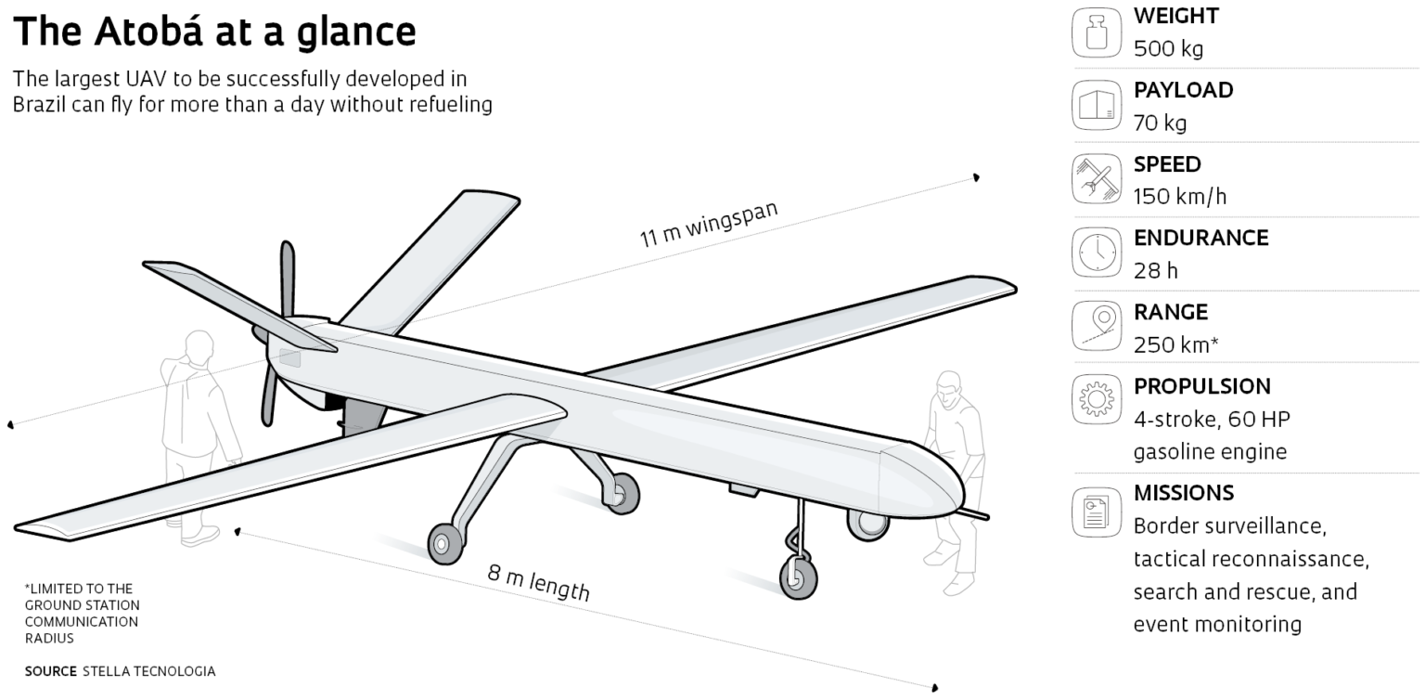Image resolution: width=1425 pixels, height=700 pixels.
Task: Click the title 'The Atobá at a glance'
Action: (x=214, y=32)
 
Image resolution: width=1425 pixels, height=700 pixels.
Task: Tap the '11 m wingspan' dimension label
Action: (x=708, y=224)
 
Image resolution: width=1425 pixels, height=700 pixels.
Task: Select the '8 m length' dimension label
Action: (x=539, y=582)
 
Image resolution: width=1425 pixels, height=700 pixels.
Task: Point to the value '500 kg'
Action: (x=1168, y=49)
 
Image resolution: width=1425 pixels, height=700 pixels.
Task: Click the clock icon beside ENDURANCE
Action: (x=1097, y=252)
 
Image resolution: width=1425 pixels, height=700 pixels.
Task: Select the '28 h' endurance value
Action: (x=1156, y=270)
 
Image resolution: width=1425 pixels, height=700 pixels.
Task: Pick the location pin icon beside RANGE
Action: (x=1097, y=326)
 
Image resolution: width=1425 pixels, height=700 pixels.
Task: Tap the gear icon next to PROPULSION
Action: (x=1097, y=399)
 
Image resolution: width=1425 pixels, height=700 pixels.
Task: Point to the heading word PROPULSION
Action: (x=1201, y=386)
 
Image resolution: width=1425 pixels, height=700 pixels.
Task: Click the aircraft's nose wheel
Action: (x=797, y=576)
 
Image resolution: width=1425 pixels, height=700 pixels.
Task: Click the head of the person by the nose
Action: (x=947, y=387)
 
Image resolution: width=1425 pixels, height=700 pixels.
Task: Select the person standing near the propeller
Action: (x=197, y=427)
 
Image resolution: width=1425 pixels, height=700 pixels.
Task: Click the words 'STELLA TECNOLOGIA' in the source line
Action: (x=148, y=671)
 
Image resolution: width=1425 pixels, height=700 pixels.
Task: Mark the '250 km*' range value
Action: (x=1175, y=344)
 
